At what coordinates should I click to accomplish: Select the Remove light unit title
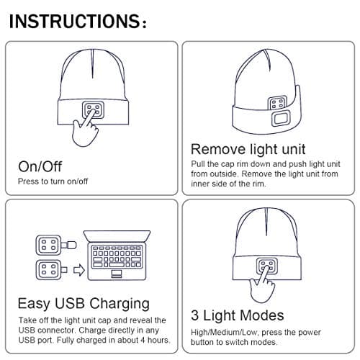[x=246, y=150]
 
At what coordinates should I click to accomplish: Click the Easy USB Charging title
[x=83, y=302]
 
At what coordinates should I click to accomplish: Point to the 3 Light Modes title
[x=237, y=315]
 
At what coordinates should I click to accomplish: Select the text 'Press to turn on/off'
[x=53, y=181]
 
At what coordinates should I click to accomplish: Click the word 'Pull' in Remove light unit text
[x=199, y=165]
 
